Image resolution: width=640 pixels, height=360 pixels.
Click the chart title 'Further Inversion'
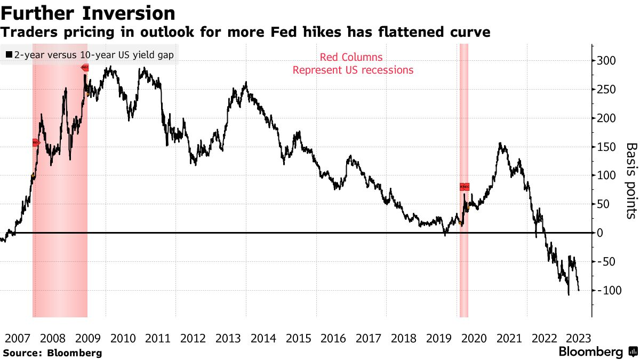[x=88, y=13]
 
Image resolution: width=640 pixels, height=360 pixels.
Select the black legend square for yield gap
[x=9, y=54]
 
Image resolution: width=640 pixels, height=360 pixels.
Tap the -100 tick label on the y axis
[x=609, y=290]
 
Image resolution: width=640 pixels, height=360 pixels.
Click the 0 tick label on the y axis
[x=600, y=233]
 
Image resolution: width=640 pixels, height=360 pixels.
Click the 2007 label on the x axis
[x=18, y=339]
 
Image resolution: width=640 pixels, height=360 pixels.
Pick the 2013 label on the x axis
[x=228, y=339]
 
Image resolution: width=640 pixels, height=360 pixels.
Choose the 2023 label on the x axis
[x=578, y=339]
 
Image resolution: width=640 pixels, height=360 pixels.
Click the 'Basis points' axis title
[x=631, y=181]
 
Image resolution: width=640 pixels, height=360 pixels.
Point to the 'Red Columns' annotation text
[x=351, y=58]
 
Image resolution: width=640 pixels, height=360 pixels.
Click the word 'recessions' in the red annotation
[x=387, y=70]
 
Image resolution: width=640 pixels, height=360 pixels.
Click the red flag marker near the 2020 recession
[x=465, y=187]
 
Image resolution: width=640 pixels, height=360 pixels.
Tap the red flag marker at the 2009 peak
[x=85, y=68]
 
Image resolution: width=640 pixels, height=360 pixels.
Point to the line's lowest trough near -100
[x=569, y=294]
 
